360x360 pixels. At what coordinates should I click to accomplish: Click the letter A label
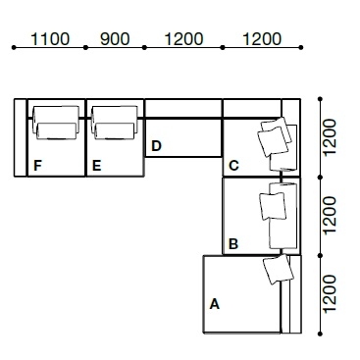point(214,304)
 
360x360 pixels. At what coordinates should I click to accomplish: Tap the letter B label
point(233,244)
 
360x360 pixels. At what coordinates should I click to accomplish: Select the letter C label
point(233,166)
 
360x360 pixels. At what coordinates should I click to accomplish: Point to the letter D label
point(156,146)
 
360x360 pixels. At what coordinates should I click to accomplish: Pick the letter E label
point(96,166)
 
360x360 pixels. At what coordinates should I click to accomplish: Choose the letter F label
point(37,166)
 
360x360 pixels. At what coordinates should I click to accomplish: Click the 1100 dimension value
point(50,39)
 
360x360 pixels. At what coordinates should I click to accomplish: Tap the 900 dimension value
point(115,39)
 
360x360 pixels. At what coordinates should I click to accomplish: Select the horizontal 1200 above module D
point(183,39)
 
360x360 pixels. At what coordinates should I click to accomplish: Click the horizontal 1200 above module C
point(262,39)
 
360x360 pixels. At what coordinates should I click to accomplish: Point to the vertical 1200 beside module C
point(330,137)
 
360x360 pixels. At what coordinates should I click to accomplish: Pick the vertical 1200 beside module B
point(330,215)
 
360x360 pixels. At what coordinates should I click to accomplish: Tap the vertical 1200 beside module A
point(330,293)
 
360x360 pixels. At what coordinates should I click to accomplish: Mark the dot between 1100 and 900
point(85,47)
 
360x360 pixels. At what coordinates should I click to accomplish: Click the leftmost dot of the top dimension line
point(14,47)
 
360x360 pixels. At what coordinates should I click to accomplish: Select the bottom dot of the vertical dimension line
point(320,334)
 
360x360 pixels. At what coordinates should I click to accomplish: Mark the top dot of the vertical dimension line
point(320,99)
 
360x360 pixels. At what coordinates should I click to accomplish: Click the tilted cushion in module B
point(273,206)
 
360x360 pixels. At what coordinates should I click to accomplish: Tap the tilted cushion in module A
point(279,270)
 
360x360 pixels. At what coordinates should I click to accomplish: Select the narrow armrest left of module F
point(20,137)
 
